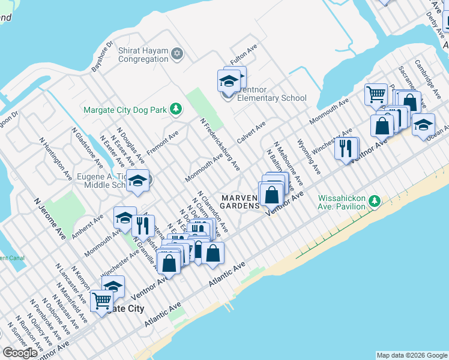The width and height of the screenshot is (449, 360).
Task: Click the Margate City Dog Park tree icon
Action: point(176,109)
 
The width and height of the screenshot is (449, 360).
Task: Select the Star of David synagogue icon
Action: point(176,55)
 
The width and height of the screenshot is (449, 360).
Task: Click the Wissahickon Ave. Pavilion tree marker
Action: point(375,200)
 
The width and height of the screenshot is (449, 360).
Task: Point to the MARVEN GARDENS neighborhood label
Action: point(240,202)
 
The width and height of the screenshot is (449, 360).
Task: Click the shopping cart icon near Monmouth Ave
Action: point(376,94)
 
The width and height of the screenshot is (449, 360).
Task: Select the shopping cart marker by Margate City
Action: point(101,300)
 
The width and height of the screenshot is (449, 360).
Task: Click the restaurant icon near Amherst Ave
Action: point(143,226)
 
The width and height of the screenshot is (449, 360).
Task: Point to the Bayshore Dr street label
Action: point(102,56)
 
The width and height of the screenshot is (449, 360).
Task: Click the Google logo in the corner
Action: point(20,353)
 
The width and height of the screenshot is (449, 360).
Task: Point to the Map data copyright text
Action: point(412,355)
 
